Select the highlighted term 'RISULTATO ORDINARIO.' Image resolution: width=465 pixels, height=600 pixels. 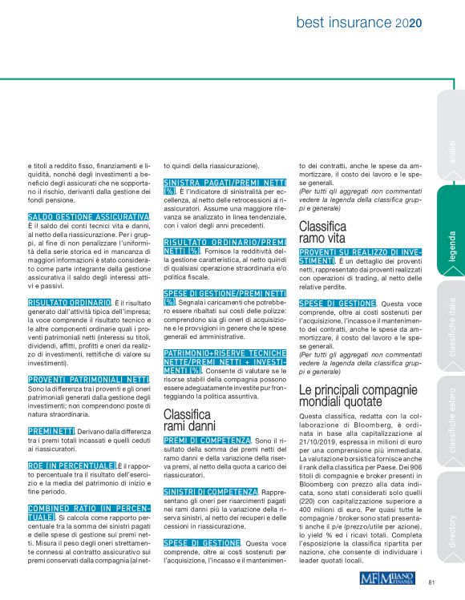coord(69,303)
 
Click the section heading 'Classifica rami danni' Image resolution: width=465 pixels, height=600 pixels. coord(187,420)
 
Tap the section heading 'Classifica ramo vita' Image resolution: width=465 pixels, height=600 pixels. coord(323,232)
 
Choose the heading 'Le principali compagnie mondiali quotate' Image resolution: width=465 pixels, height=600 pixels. coord(361,396)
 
